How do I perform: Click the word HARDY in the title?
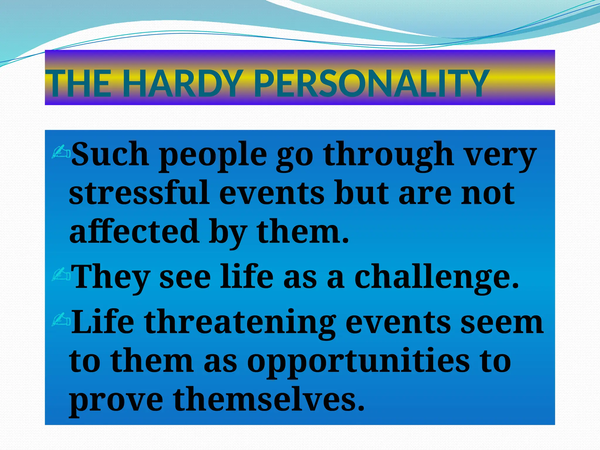183,84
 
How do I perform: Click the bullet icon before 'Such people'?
61,151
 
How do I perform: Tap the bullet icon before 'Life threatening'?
61,320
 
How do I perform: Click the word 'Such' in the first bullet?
110,154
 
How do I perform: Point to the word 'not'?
487,193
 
